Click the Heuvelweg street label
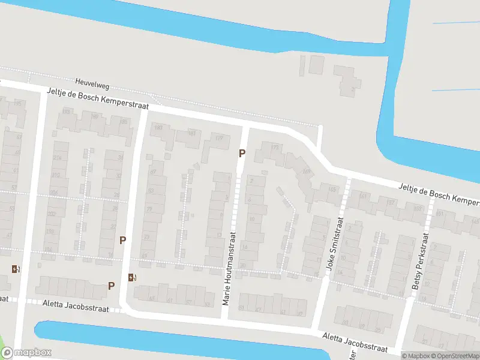pyautogui.click(x=92, y=82)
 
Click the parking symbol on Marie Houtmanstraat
pyautogui.click(x=242, y=153)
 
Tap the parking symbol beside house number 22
pyautogui.click(x=122, y=240)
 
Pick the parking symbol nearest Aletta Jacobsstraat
pyautogui.click(x=111, y=286)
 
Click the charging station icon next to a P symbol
pyautogui.click(x=132, y=277)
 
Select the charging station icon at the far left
pyautogui.click(x=15, y=269)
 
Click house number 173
pyautogui.click(x=275, y=147)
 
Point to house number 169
pyautogui.click(x=307, y=172)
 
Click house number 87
pyautogui.click(x=152, y=172)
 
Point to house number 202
pyautogui.click(x=52, y=214)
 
